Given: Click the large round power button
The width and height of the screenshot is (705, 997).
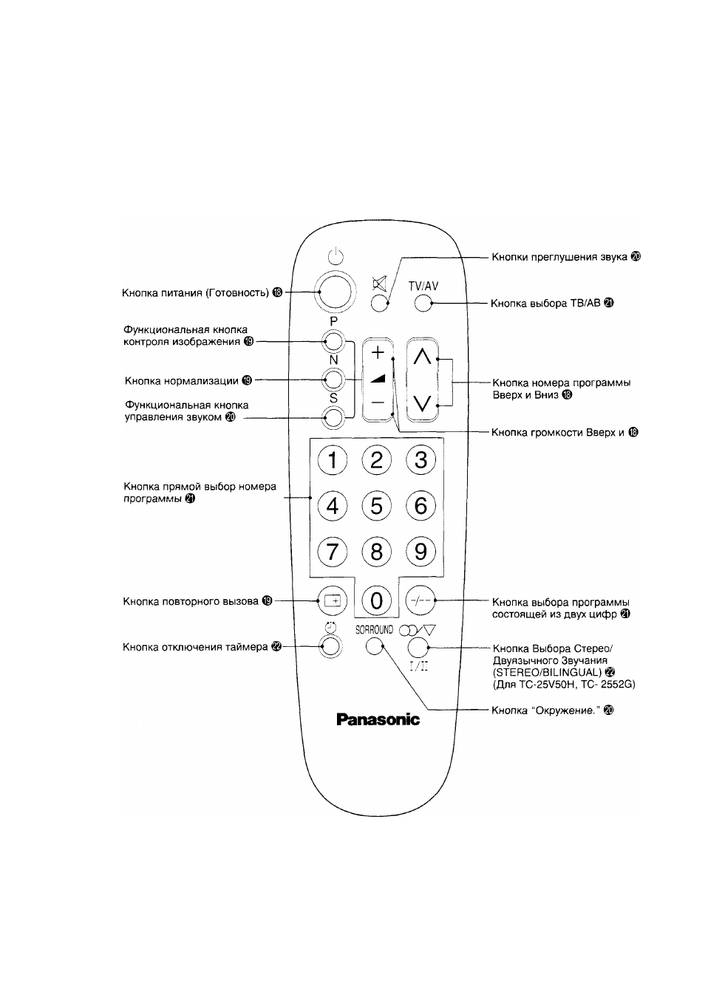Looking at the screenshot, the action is click(x=335, y=292).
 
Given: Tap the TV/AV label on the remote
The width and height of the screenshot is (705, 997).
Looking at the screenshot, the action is click(x=423, y=287).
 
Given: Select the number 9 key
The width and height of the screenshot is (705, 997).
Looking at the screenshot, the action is click(x=420, y=552).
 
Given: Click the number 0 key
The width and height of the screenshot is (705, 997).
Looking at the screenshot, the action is click(x=376, y=600).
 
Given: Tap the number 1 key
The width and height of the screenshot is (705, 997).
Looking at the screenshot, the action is click(x=333, y=460).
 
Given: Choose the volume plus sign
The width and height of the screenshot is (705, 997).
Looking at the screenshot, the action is click(x=378, y=353).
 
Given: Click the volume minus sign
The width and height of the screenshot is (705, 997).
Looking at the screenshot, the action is click(x=378, y=402).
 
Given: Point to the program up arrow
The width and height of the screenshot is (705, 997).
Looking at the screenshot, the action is click(x=423, y=356).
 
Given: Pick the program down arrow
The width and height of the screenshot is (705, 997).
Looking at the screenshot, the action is click(x=423, y=403).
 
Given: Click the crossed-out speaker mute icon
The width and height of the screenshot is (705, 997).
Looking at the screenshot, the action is click(x=379, y=283).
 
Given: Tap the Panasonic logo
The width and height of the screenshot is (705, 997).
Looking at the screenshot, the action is click(x=378, y=720).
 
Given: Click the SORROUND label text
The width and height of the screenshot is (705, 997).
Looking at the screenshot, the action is click(x=375, y=630).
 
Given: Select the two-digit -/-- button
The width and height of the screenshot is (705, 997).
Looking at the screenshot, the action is click(x=420, y=600).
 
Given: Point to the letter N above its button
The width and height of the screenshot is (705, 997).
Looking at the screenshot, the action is click(x=333, y=360).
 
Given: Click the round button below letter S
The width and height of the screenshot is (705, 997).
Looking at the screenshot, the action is click(x=334, y=417).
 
